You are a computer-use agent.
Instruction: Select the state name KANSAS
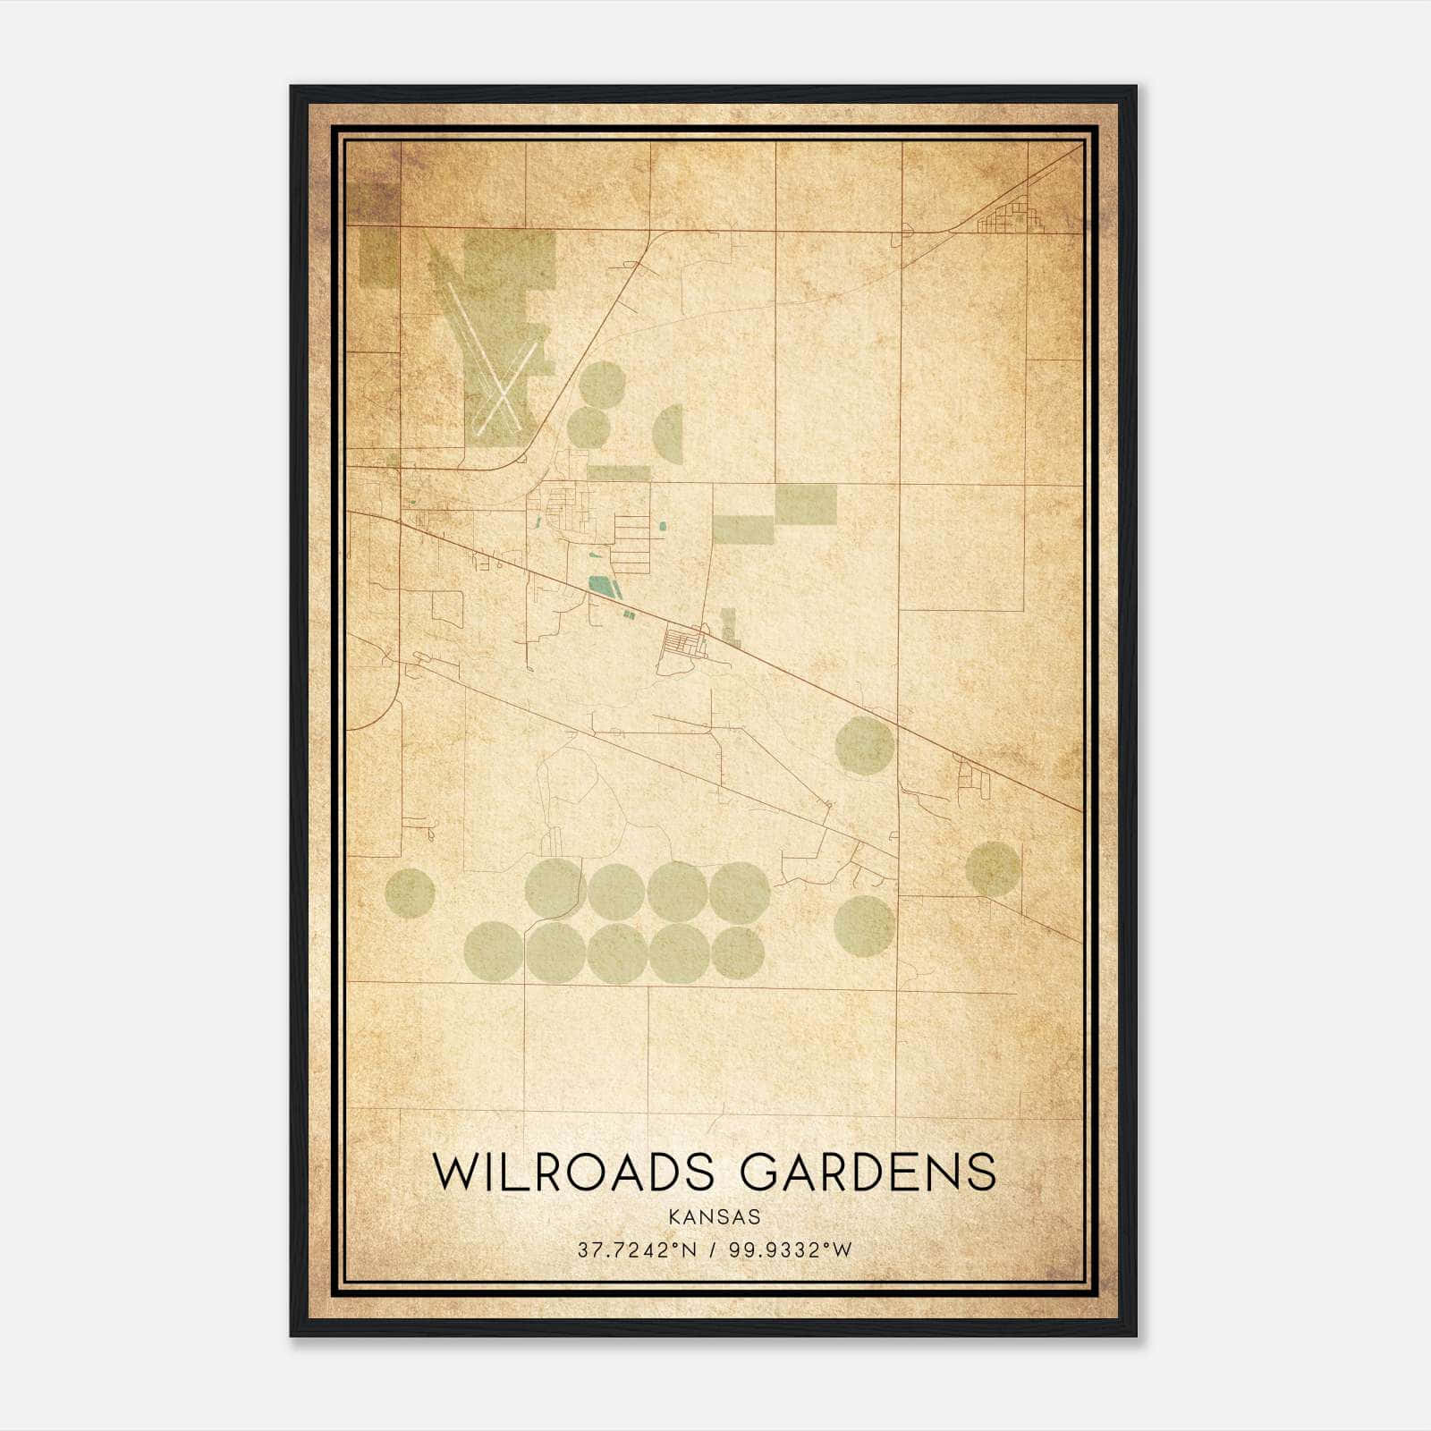[x=714, y=1216]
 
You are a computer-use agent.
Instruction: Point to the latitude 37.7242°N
[x=636, y=1250]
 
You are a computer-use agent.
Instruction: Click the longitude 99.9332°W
[x=791, y=1250]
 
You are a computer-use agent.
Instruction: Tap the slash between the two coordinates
[x=714, y=1250]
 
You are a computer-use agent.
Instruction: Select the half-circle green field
[x=668, y=434]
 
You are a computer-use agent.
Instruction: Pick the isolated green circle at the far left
[x=410, y=893]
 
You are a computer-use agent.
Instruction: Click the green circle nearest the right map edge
[x=993, y=868]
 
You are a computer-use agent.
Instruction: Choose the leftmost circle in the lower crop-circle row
[x=494, y=951]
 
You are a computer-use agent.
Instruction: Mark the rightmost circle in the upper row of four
[x=740, y=892]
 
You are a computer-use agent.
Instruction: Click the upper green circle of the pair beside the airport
[x=601, y=384]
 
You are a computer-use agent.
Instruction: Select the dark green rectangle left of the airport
[x=378, y=257]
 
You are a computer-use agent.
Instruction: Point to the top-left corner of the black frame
[x=292, y=87]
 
